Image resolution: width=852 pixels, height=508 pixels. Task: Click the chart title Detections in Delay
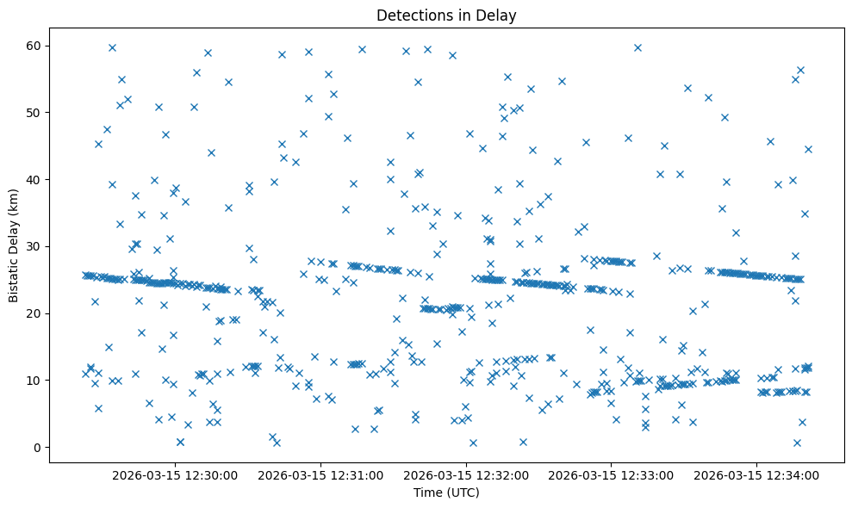(446, 15)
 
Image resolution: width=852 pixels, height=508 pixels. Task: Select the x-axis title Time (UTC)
(446, 493)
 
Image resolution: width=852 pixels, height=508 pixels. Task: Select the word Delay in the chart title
(499, 15)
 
